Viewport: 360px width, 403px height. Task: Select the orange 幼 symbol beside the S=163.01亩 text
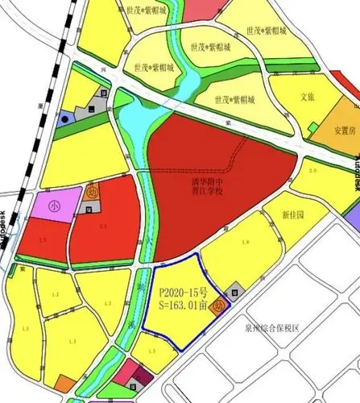218,307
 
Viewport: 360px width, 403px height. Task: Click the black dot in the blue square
64,118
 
